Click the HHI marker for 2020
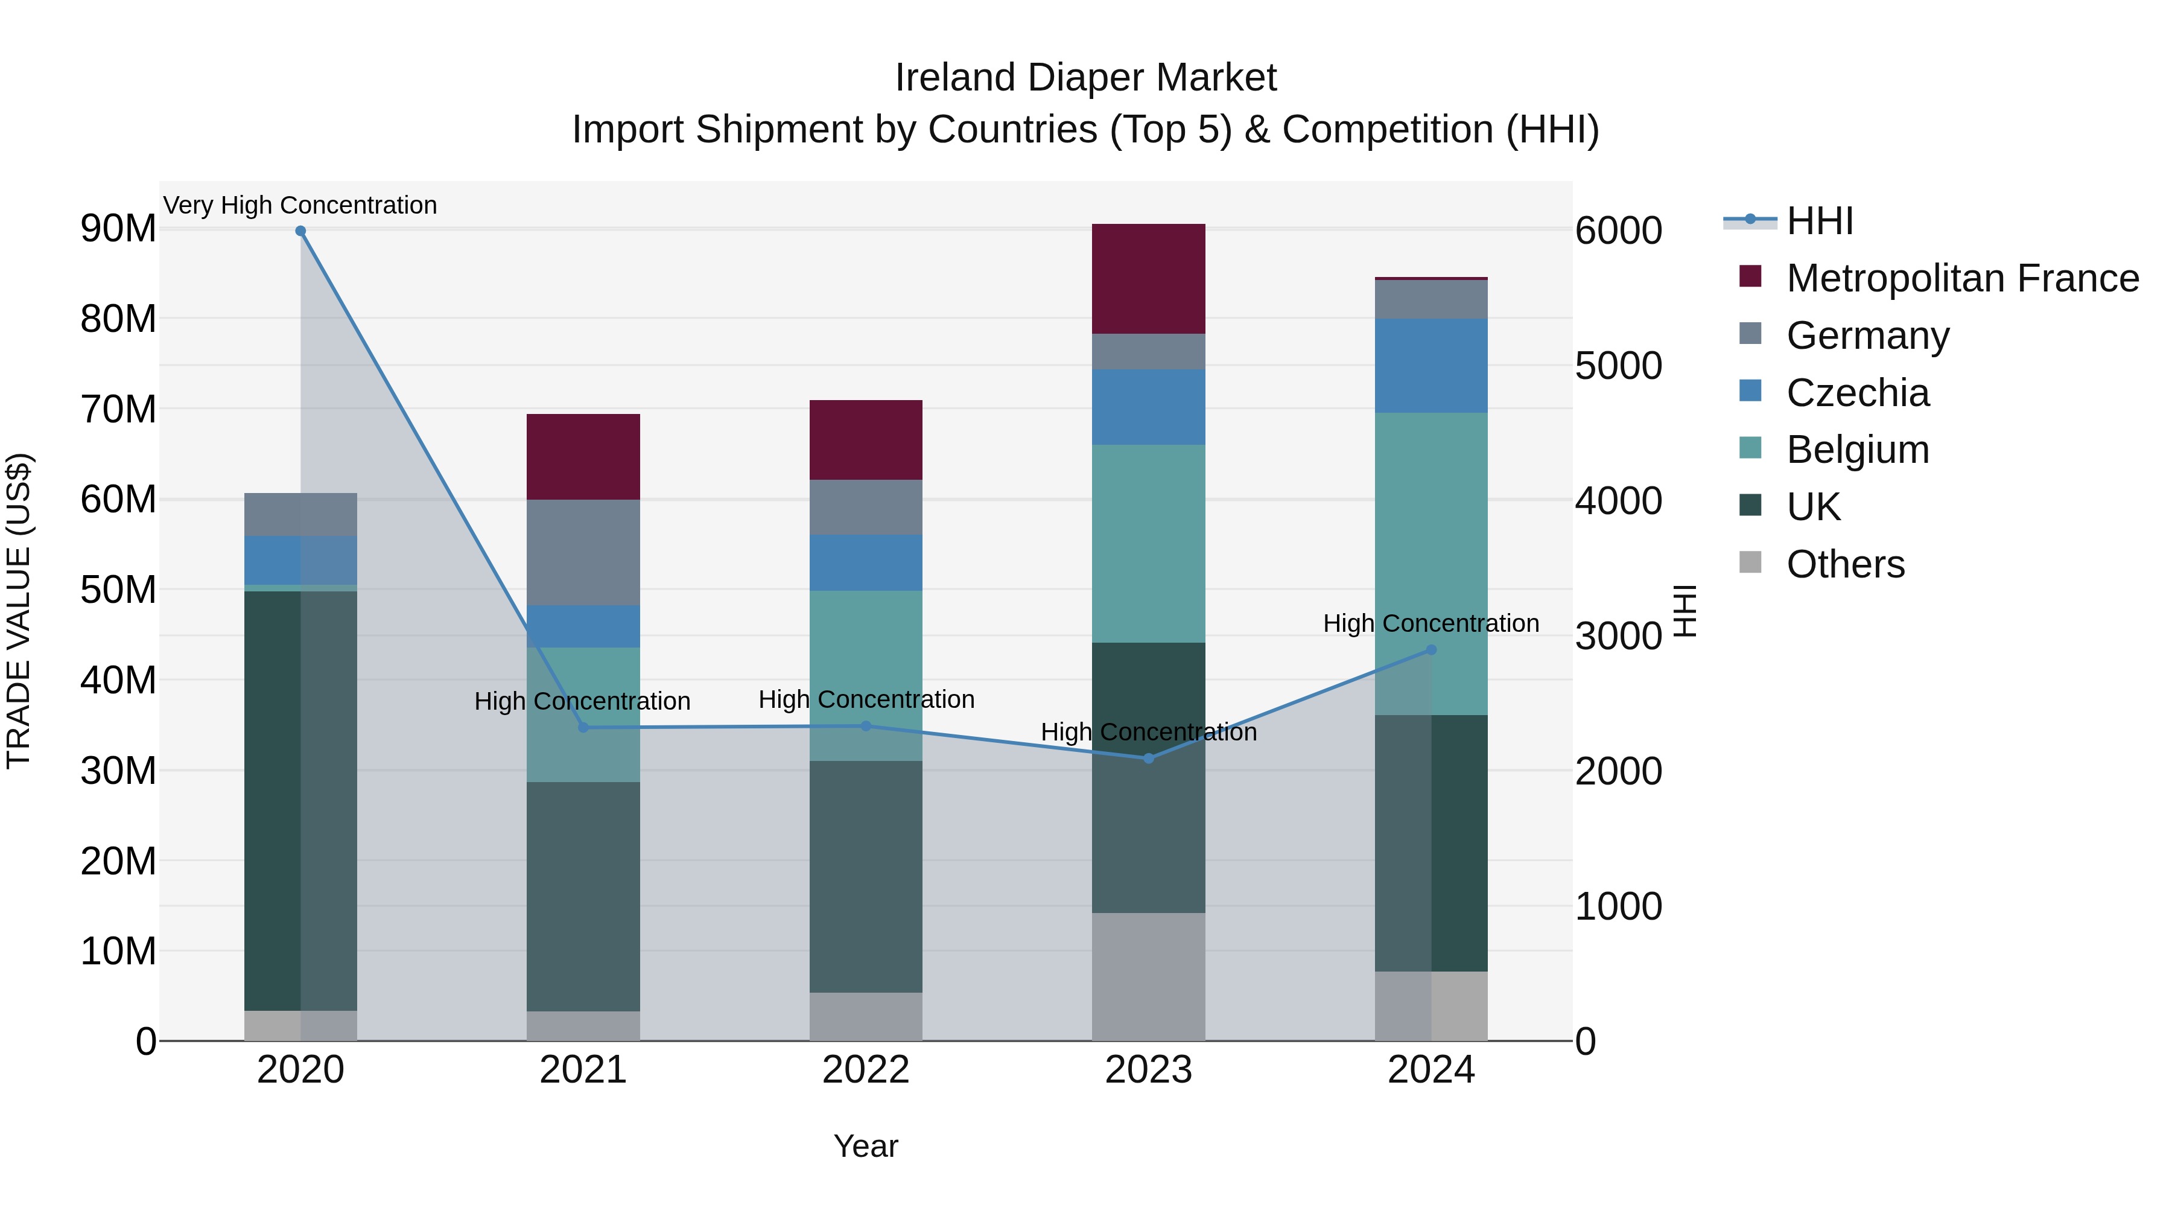[x=300, y=231]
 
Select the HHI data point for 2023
[x=1148, y=758]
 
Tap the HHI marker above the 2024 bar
[x=1431, y=650]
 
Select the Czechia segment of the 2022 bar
[x=866, y=562]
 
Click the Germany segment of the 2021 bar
[x=583, y=552]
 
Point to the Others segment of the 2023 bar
[x=1148, y=976]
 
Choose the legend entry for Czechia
[x=1858, y=393]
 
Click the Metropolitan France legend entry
[x=1962, y=278]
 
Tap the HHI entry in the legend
[x=1820, y=221]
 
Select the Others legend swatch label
[x=1845, y=564]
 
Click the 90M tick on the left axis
[x=118, y=229]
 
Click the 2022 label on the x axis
[x=866, y=1070]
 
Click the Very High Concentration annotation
[x=300, y=205]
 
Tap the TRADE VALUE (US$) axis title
[x=19, y=611]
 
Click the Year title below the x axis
[x=866, y=1146]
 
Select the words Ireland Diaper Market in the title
[x=1085, y=78]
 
